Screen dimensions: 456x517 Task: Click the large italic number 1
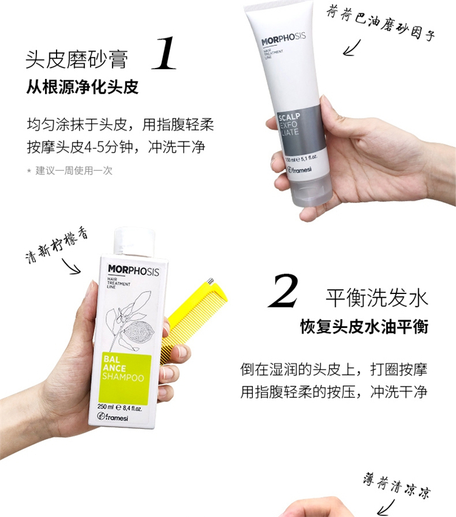click(x=164, y=53)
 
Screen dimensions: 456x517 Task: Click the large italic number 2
click(x=284, y=291)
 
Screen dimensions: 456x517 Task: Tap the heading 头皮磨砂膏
click(x=77, y=60)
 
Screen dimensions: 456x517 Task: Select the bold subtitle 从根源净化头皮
click(x=82, y=87)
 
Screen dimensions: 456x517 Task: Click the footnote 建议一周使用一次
click(x=74, y=171)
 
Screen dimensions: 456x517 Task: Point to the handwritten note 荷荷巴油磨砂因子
click(x=381, y=24)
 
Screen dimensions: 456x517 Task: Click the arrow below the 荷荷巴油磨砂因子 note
click(x=352, y=48)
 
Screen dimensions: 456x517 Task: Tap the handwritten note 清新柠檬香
click(x=57, y=244)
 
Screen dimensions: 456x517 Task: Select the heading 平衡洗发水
click(x=377, y=298)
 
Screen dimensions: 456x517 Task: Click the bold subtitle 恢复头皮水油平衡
click(x=364, y=327)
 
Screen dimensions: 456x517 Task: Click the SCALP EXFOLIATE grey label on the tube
click(x=300, y=129)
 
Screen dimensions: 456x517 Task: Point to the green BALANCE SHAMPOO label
click(x=125, y=378)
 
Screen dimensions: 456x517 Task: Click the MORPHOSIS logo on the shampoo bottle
click(x=133, y=270)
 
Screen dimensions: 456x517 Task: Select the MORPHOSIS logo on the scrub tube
click(x=283, y=39)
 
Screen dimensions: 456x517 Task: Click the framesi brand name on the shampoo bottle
click(x=112, y=417)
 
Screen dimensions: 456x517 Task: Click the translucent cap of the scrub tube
click(x=311, y=193)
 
